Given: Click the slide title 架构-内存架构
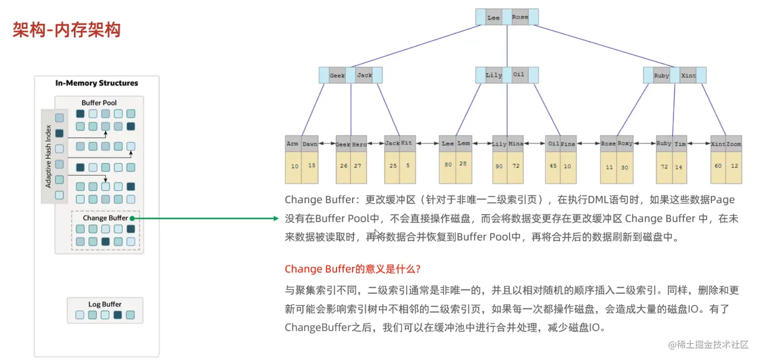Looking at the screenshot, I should [x=67, y=30].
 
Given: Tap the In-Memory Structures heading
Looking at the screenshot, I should [x=96, y=83].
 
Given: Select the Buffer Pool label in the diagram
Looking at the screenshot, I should [x=99, y=103].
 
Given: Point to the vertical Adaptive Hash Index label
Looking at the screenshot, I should [x=49, y=156].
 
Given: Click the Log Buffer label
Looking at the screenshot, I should [x=105, y=304].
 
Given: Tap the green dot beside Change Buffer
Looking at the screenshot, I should [x=132, y=218].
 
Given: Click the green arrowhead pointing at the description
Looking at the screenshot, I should [x=275, y=218].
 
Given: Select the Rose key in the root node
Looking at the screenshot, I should [x=520, y=17].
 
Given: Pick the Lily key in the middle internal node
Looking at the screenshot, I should [x=493, y=75].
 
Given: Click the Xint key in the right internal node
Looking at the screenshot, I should [x=688, y=75].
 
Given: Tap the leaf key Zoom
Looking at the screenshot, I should [x=733, y=144].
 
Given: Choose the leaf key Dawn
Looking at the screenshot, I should [x=310, y=144].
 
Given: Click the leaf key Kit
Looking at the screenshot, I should [x=407, y=143].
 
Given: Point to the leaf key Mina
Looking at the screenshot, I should [x=516, y=144].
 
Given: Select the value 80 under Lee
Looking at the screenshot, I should [x=448, y=164].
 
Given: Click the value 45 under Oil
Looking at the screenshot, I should [x=553, y=166].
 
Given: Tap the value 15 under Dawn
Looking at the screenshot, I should [x=311, y=165].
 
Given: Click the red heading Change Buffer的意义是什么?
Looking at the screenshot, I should [x=352, y=269].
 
